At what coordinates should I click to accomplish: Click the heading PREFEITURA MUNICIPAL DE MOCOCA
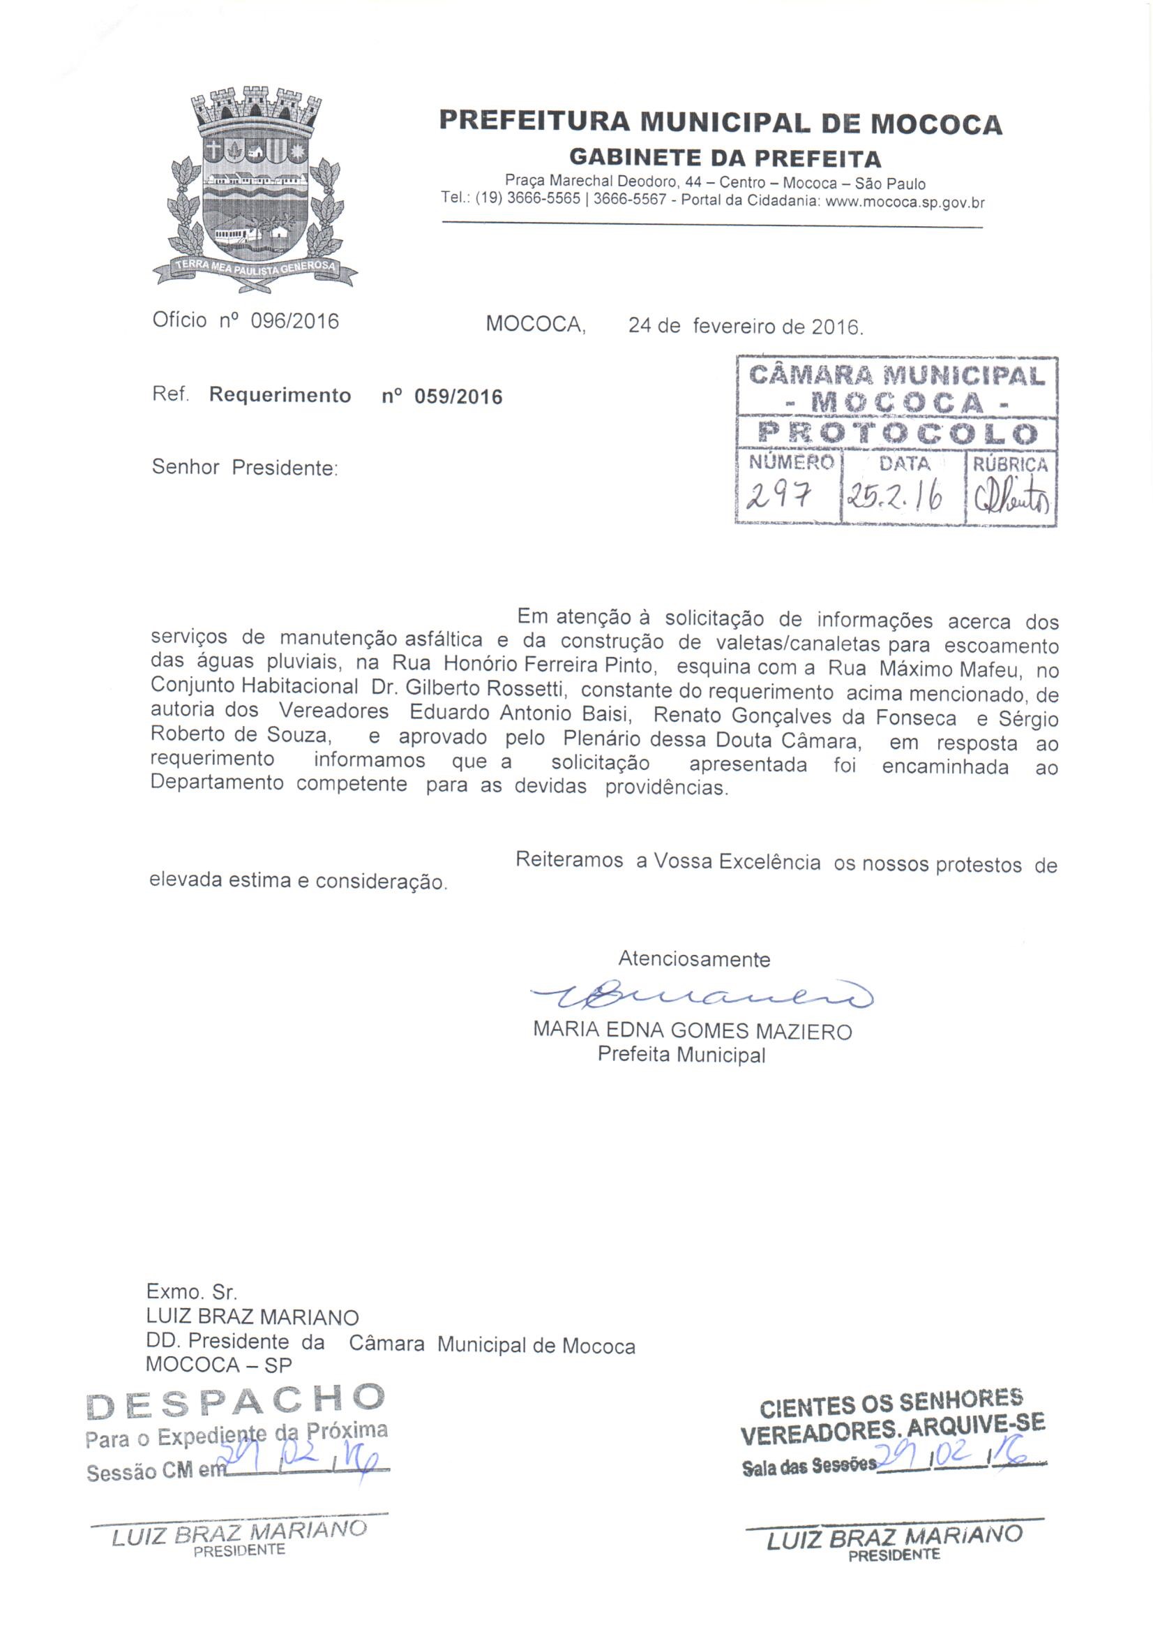coord(721,123)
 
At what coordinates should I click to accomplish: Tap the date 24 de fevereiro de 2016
coord(745,327)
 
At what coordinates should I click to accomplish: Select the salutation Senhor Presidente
coord(245,468)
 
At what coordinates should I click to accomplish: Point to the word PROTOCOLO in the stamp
coord(896,433)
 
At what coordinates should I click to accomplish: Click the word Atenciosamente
coord(694,959)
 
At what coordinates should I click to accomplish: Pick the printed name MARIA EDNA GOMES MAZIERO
coord(692,1031)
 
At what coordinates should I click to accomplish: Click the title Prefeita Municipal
coord(681,1054)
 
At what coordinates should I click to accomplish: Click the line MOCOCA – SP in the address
coord(219,1365)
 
